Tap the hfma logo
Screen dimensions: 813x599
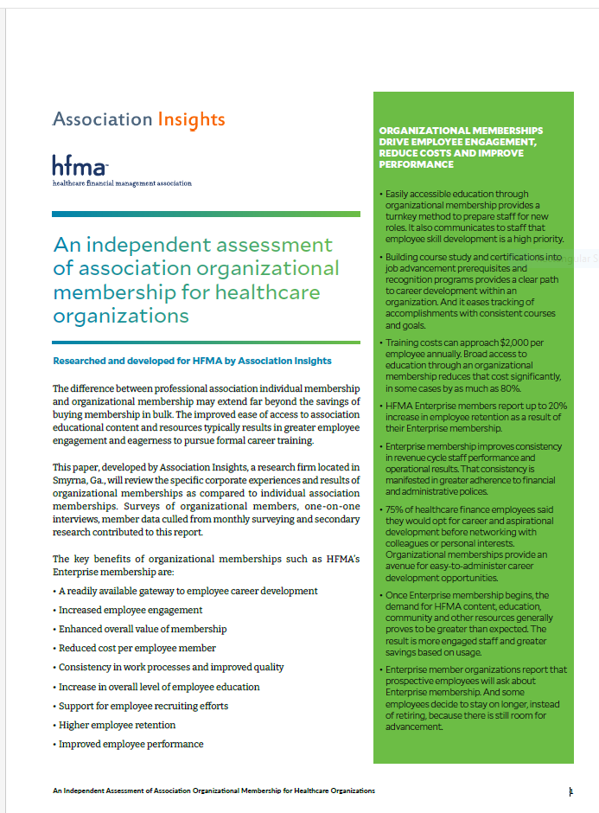pos(80,165)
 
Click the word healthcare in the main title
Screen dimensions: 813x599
pos(267,292)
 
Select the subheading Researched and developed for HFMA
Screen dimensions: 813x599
pos(192,361)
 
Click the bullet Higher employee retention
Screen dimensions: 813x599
pos(117,725)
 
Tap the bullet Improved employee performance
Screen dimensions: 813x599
pos(131,744)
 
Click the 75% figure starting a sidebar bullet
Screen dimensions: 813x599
pos(395,510)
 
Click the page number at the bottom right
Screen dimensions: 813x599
pos(570,791)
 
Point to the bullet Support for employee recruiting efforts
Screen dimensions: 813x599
pos(143,706)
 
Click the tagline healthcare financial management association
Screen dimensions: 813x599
pos(122,183)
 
